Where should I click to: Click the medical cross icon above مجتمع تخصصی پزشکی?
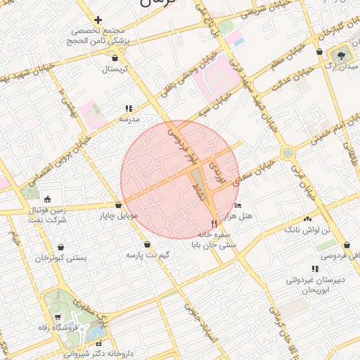[98, 20]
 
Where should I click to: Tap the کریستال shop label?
[115, 70]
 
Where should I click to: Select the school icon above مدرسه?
[128, 108]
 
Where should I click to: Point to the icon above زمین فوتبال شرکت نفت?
[47, 198]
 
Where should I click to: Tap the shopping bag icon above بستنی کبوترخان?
[62, 247]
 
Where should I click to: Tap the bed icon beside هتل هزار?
[238, 205]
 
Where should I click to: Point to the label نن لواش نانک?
[300, 230]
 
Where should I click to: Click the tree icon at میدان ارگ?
[343, 53]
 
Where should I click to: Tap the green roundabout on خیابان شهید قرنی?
[287, 153]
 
